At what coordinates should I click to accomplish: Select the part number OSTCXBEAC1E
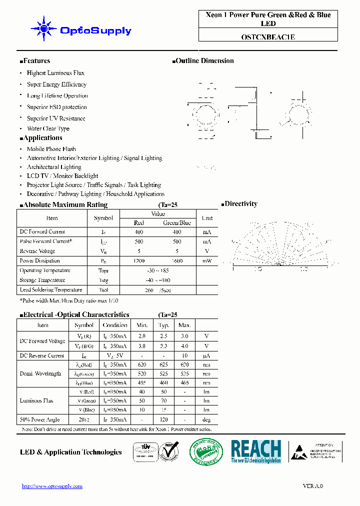coord(267,36)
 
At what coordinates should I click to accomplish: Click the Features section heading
coord(36,61)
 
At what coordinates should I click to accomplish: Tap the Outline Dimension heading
coord(204,61)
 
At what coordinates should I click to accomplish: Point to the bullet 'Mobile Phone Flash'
coord(51,149)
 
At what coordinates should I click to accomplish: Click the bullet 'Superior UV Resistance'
coord(56,118)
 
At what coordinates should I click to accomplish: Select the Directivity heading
coord(240,204)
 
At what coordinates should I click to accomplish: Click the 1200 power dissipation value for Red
coord(139,261)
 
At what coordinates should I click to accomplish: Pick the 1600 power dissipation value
coord(177,261)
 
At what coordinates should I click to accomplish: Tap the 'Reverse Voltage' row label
coord(37,251)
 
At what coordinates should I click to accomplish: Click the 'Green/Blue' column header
coord(177,223)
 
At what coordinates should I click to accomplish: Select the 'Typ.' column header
coord(163,325)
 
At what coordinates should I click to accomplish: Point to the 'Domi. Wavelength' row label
coord(40,373)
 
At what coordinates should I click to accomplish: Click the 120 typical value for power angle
coord(163,420)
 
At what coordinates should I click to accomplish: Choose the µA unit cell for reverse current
coord(206,355)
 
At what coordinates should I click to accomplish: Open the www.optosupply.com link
coord(52,486)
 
